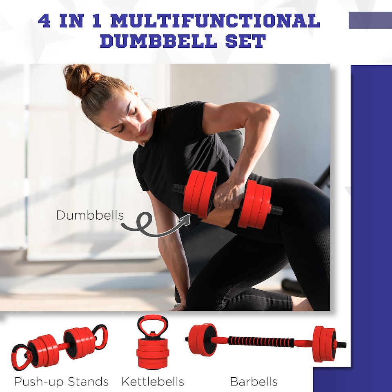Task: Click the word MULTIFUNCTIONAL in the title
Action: [215, 21]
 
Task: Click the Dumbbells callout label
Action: [89, 215]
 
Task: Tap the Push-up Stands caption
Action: [61, 382]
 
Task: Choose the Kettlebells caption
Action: [153, 382]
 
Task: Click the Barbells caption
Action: [254, 382]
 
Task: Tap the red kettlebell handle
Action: [152, 325]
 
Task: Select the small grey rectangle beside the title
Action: [370, 20]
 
